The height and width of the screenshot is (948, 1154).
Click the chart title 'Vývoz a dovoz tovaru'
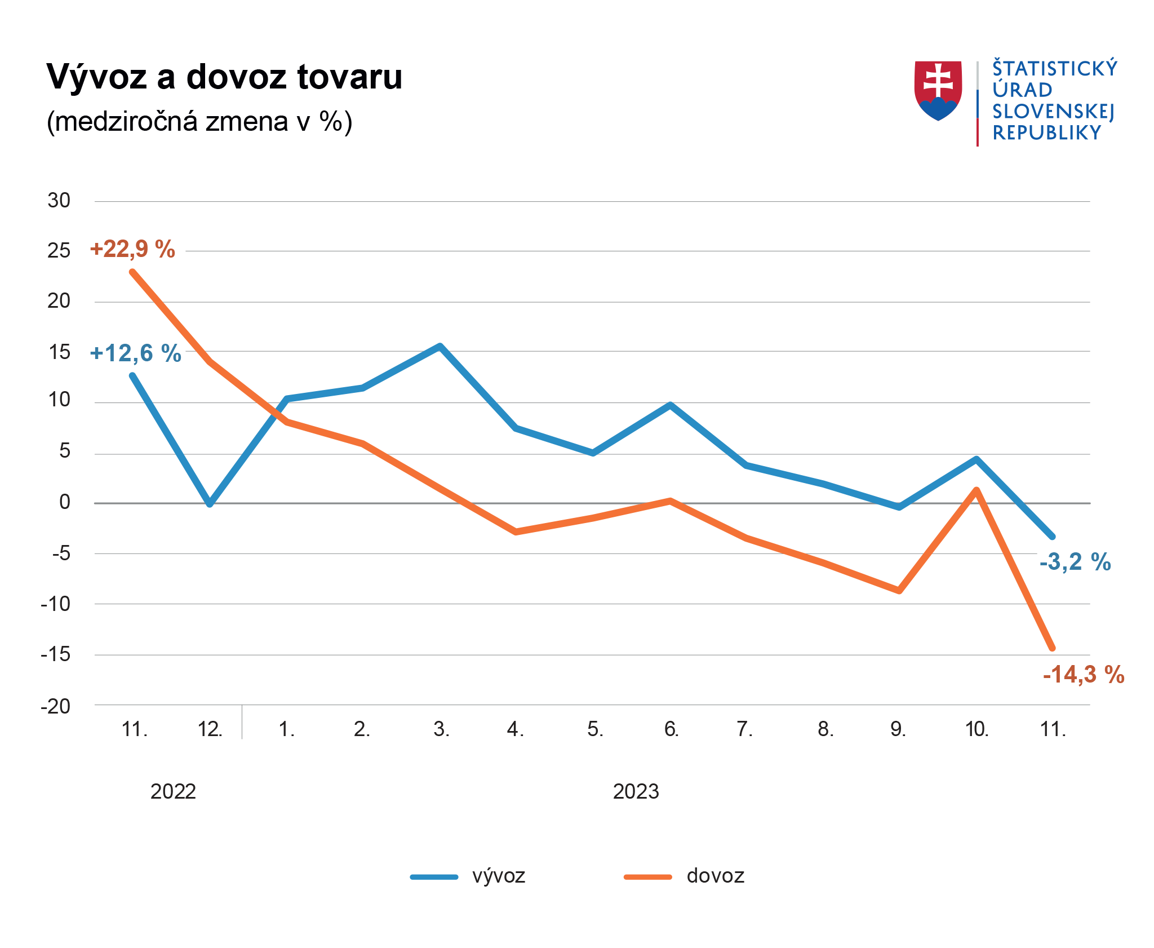tap(224, 77)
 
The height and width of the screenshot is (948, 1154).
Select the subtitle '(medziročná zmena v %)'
tap(199, 121)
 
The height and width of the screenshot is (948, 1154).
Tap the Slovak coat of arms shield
tap(938, 90)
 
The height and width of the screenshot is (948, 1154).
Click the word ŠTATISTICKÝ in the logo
tap(1054, 68)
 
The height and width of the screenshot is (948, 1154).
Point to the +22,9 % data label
tap(132, 249)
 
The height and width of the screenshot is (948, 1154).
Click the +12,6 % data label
tap(135, 353)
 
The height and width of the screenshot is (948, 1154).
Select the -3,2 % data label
tap(1075, 562)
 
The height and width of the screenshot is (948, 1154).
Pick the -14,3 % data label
tap(1083, 674)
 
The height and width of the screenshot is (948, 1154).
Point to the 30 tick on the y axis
tap(59, 201)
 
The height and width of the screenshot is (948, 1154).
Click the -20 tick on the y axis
tap(56, 706)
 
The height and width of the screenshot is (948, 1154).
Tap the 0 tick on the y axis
tap(65, 502)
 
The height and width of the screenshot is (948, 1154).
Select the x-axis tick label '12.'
tap(210, 729)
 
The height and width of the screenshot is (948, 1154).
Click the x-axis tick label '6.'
tap(671, 729)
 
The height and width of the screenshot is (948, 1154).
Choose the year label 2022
tap(173, 792)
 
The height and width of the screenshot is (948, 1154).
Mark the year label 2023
tap(636, 792)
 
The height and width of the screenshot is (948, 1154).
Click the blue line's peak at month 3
tap(440, 346)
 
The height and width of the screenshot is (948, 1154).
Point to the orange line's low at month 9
tap(899, 591)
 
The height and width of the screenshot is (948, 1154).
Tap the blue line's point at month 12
tap(210, 503)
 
